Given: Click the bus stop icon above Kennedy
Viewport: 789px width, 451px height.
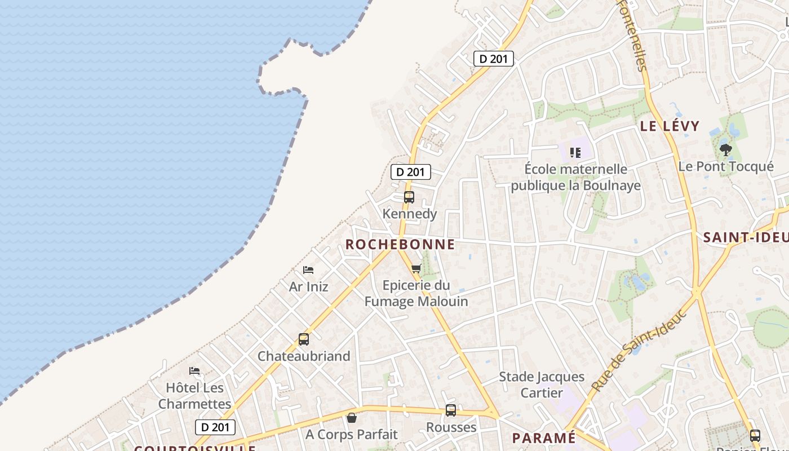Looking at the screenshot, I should (409, 197).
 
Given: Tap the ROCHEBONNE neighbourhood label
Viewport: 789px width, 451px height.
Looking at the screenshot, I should (400, 244).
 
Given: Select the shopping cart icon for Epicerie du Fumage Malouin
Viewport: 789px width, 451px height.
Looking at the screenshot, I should (416, 269).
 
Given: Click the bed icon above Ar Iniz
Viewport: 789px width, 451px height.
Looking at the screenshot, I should (308, 270).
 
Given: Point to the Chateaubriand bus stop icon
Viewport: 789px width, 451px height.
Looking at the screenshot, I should (304, 339).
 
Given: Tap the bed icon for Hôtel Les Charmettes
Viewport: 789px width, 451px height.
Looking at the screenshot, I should (194, 371).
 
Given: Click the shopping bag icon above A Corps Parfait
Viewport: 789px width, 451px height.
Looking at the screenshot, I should (352, 418).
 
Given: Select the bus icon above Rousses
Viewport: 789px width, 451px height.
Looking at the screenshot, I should (451, 410).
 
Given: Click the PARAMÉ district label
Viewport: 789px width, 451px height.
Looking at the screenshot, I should (544, 438).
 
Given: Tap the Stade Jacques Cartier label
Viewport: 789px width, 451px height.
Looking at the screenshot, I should (542, 384).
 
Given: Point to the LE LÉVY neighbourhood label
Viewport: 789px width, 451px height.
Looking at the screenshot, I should (670, 126).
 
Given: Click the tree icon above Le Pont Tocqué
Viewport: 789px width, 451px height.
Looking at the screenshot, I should (726, 150).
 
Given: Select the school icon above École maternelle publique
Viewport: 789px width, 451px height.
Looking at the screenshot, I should (575, 152).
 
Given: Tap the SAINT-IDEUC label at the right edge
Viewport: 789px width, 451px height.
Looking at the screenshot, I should (746, 237).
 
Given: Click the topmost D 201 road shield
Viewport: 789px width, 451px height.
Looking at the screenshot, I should (494, 59).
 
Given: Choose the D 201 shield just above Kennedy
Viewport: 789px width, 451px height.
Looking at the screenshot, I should (411, 172).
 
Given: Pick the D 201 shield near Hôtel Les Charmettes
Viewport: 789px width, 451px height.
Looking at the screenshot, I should (215, 427).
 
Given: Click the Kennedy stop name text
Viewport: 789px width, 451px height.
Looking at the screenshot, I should (410, 214).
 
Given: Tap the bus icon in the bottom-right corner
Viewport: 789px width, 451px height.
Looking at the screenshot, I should (755, 436).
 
